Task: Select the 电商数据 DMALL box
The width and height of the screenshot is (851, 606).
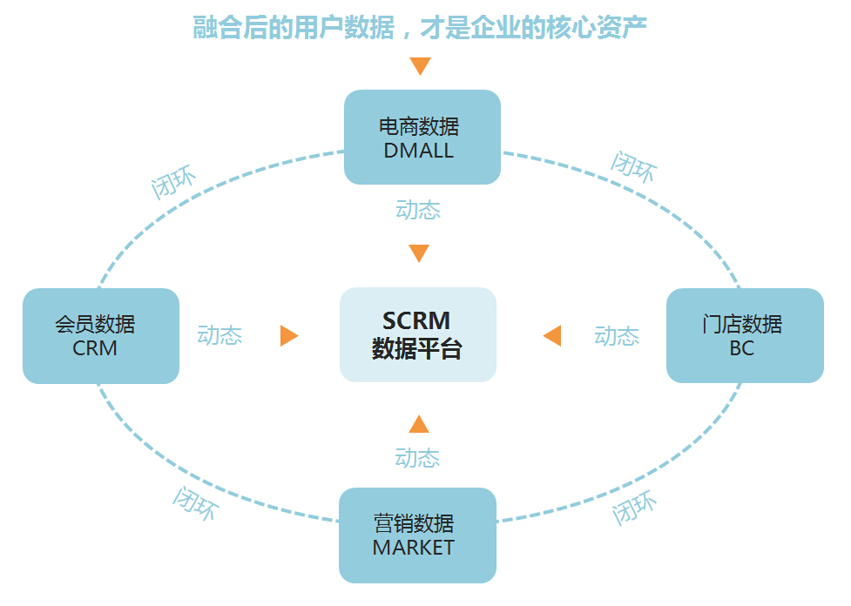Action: [x=422, y=138]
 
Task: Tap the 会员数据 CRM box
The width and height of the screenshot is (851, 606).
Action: [x=100, y=336]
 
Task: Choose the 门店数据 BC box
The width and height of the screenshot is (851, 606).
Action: [x=744, y=336]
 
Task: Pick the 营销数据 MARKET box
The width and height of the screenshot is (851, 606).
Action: [x=416, y=535]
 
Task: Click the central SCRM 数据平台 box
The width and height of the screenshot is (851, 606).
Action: [x=417, y=335]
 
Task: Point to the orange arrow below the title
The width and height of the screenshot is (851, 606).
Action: [x=421, y=66]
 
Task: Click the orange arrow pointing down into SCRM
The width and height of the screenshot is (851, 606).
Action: [x=419, y=253]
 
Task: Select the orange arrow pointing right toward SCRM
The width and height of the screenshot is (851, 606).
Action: [x=288, y=336]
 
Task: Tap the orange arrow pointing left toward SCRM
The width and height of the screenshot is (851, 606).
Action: [x=552, y=336]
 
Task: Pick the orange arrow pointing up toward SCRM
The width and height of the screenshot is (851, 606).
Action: [x=419, y=424]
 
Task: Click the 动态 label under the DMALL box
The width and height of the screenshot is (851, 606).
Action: [x=418, y=210]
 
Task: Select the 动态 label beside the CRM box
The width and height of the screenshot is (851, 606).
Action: [x=220, y=336]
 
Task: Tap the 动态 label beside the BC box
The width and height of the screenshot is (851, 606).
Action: [x=617, y=336]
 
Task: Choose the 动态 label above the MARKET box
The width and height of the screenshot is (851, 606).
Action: [x=417, y=458]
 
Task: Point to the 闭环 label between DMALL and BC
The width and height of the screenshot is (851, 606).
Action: [x=633, y=165]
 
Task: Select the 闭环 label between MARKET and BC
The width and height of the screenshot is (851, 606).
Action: [x=634, y=508]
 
